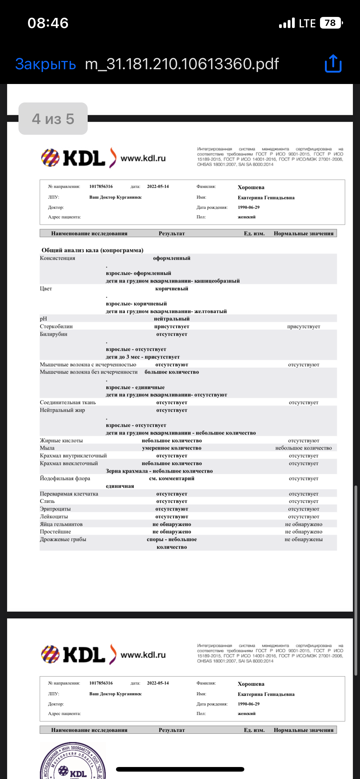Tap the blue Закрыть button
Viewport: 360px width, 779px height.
click(x=46, y=64)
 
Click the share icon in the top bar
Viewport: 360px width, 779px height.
click(x=333, y=64)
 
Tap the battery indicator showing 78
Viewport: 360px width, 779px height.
click(x=331, y=23)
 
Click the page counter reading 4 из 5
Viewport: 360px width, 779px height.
click(x=53, y=119)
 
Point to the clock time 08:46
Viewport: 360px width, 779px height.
click(x=48, y=23)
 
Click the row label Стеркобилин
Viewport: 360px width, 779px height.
click(x=56, y=326)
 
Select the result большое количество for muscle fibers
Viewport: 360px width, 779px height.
click(x=172, y=372)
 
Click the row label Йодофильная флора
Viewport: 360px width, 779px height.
click(x=65, y=478)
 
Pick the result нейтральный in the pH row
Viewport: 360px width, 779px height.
click(x=172, y=319)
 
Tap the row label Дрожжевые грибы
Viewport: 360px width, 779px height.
click(x=63, y=539)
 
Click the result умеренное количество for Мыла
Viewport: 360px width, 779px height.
click(x=172, y=448)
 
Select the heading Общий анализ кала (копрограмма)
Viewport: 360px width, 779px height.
click(x=92, y=250)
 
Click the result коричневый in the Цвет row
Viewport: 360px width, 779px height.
click(x=172, y=289)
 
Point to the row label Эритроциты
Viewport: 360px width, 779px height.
click(x=55, y=509)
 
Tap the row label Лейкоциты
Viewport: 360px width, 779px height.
click(x=54, y=517)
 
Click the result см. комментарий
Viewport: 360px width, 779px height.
click(x=172, y=478)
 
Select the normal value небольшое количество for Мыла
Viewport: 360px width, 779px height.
click(x=303, y=448)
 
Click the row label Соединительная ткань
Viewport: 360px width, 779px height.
click(x=68, y=402)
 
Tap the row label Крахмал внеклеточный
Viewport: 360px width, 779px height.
click(x=69, y=463)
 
